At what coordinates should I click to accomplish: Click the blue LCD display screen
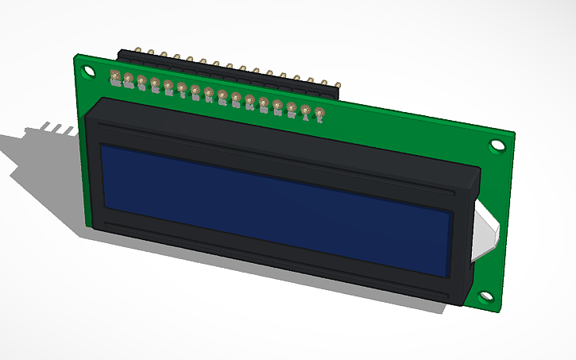(x=274, y=208)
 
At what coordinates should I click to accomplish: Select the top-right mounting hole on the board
(x=497, y=145)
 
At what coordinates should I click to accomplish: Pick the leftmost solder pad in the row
(x=115, y=77)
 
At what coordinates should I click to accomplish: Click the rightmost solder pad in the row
(x=319, y=113)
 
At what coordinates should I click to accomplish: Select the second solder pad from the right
(x=305, y=110)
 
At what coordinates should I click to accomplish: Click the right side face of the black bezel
(x=468, y=238)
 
